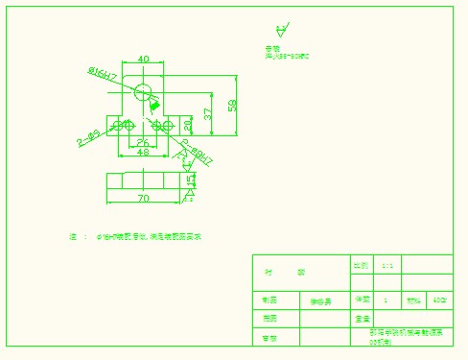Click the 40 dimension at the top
click(143, 60)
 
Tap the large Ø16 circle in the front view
click(143, 92)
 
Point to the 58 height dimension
click(231, 106)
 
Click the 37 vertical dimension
click(208, 114)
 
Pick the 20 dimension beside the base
click(188, 125)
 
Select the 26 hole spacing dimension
click(141, 142)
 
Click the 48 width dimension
click(142, 153)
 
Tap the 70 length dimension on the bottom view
click(143, 199)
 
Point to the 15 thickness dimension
click(191, 180)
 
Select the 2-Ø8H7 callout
click(197, 152)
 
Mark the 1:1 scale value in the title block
click(387, 265)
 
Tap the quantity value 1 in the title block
click(386, 300)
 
